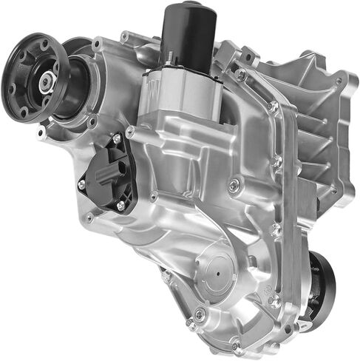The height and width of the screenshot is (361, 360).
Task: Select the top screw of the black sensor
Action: click(x=116, y=139)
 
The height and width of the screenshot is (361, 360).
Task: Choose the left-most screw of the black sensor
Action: click(x=82, y=183)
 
